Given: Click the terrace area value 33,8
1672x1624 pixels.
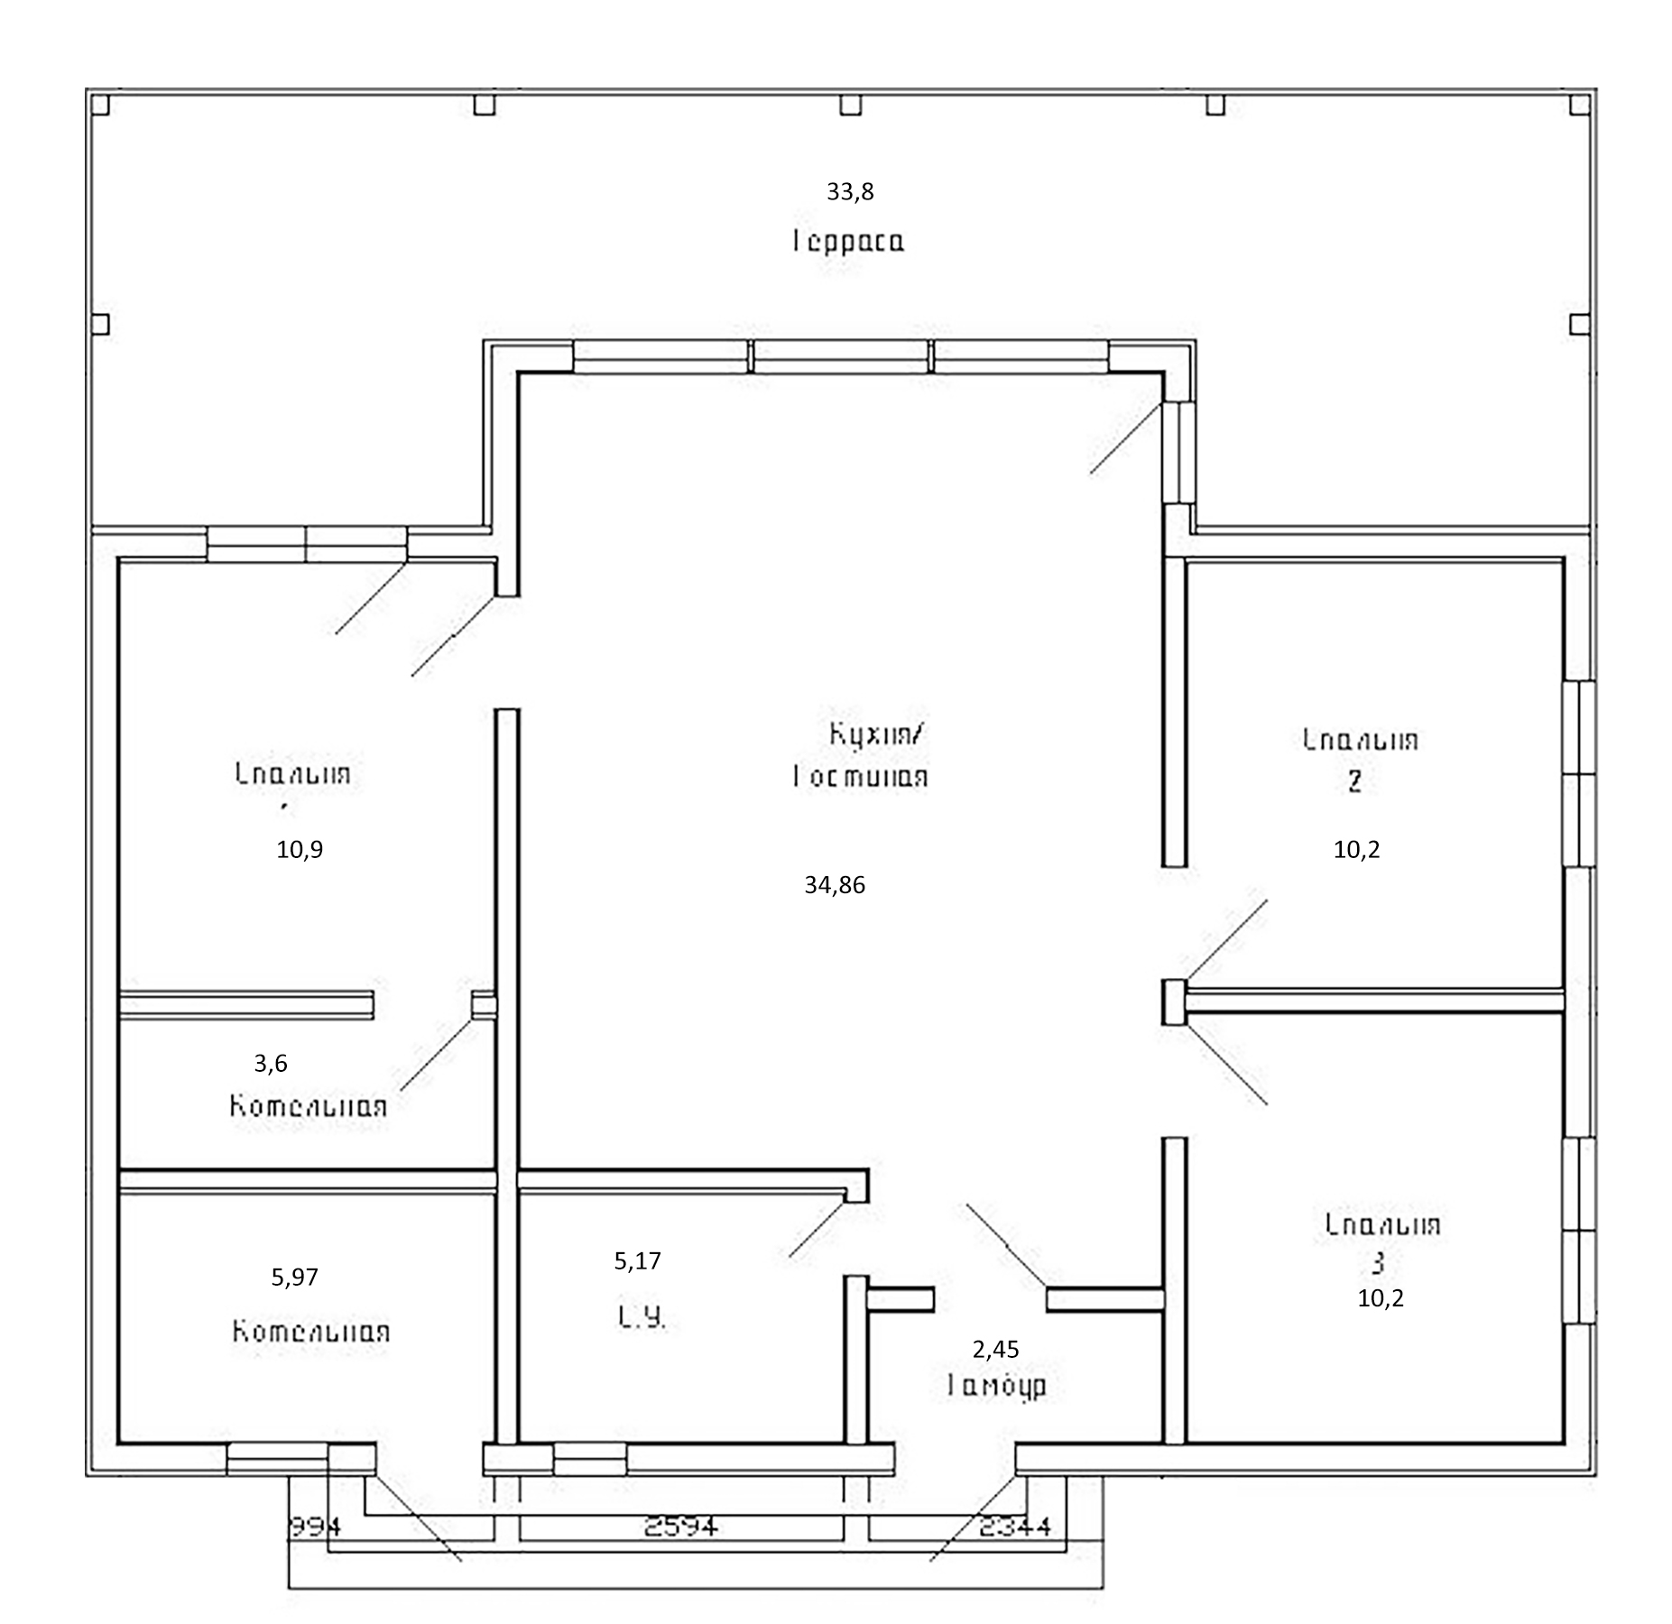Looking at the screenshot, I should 850,191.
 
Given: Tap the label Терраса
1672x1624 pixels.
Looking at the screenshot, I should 849,242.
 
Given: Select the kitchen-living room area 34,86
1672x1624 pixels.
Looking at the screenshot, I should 835,885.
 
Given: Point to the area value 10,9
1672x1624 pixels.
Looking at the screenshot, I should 300,849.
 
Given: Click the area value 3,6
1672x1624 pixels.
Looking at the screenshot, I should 271,1063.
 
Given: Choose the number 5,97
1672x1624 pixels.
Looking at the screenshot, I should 295,1277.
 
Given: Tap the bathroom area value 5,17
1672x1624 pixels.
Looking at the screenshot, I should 638,1260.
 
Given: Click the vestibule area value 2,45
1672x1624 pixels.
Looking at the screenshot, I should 996,1349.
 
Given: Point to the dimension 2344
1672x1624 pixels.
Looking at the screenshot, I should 1015,1527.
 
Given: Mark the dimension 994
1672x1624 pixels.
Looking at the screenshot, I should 314,1527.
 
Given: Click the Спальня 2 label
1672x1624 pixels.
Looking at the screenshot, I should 1360,759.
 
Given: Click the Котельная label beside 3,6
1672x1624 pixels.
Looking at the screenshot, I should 309,1106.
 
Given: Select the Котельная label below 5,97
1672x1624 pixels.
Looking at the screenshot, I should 311,1332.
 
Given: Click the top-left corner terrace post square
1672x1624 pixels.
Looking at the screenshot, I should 101,106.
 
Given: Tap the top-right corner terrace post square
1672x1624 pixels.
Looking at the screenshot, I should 1579,106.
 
